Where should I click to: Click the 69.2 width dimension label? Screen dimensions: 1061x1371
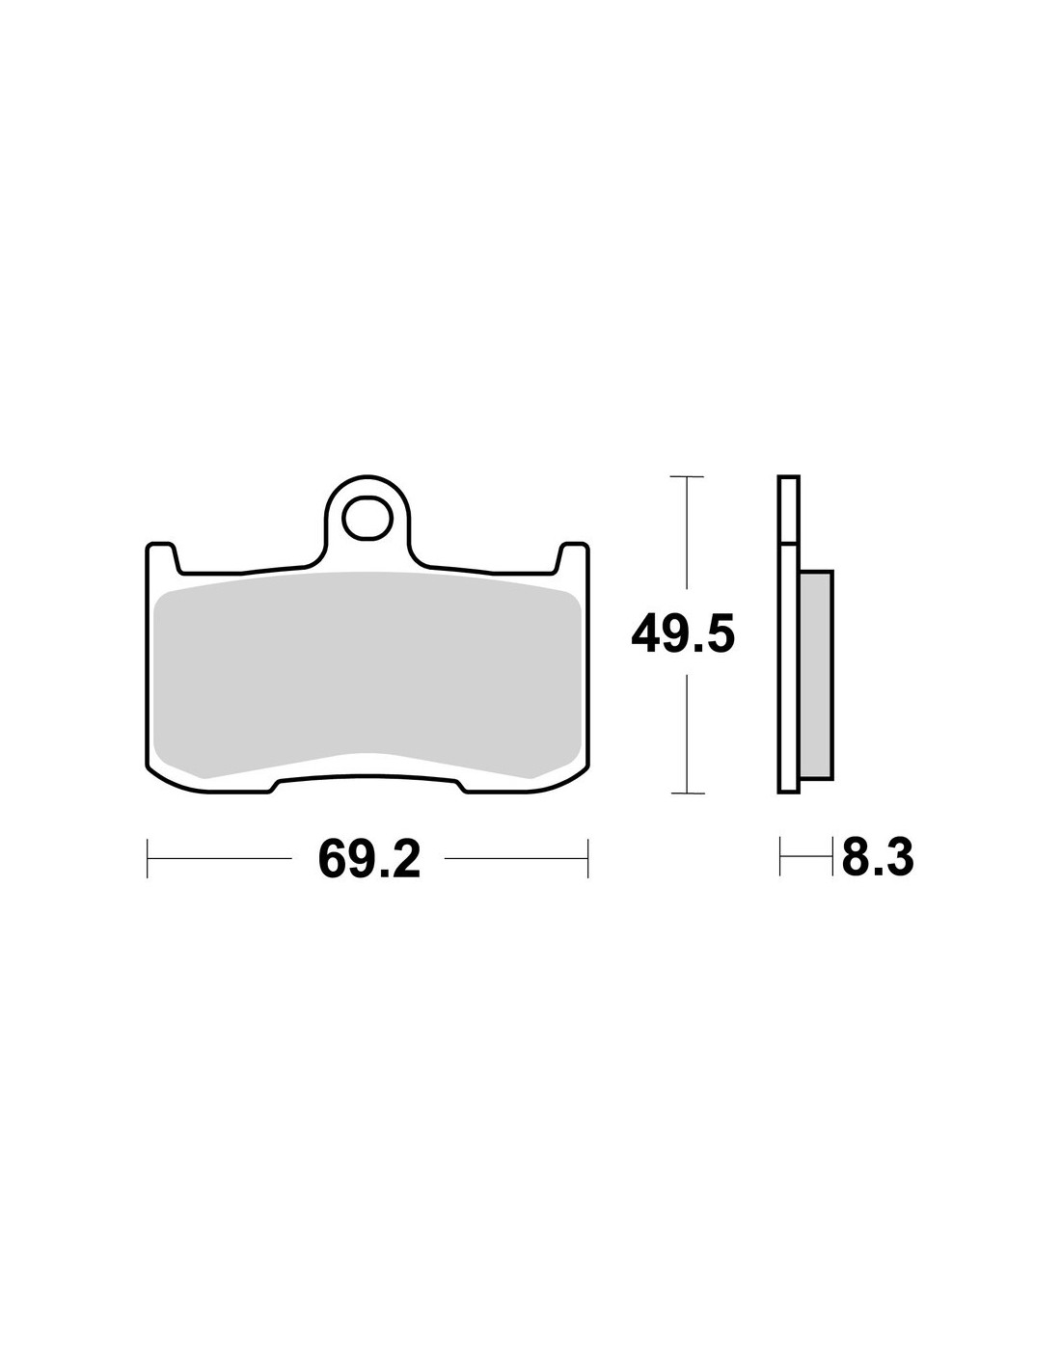coord(368,859)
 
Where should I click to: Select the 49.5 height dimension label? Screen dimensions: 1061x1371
coord(683,634)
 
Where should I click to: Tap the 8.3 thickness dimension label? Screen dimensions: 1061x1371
coord(878,857)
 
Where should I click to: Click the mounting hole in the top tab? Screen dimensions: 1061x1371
coord(367,518)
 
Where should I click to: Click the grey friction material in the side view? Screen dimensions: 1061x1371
coord(816,675)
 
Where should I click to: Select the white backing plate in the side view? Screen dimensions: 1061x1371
coord(788,634)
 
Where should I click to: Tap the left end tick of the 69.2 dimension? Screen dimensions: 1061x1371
coord(147,859)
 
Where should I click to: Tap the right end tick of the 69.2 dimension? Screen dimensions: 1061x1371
coord(587,859)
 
